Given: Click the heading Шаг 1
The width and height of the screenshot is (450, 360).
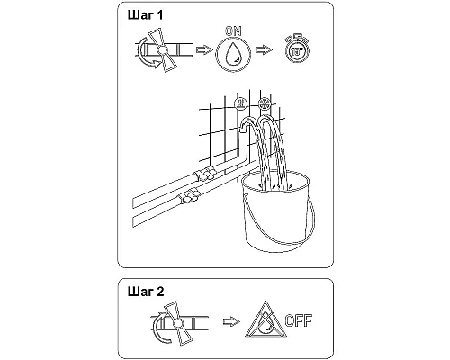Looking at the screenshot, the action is click(x=146, y=15).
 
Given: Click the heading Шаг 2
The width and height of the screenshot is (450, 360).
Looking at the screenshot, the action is click(x=146, y=292).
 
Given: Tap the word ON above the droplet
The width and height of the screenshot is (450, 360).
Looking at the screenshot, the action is click(x=233, y=31).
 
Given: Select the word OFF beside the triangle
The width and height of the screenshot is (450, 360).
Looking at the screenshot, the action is click(x=299, y=320).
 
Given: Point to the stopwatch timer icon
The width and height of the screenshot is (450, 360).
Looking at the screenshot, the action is click(x=297, y=49).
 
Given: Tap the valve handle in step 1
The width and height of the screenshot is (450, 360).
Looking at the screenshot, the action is click(x=163, y=50).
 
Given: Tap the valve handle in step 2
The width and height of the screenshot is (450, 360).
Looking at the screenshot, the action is click(x=177, y=323).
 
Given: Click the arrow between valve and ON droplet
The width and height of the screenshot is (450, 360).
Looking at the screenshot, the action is click(x=204, y=49).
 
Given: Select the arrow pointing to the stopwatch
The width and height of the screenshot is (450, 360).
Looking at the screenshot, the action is click(x=264, y=49).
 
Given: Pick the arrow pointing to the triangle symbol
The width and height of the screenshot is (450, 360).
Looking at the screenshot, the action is click(x=231, y=321).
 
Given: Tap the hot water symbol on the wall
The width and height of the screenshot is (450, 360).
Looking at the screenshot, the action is click(x=239, y=103).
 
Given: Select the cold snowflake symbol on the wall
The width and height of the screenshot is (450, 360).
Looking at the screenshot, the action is click(x=265, y=104).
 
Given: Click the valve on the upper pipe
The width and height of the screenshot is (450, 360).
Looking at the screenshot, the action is click(x=205, y=174).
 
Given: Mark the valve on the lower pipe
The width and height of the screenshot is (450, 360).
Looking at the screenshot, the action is click(x=188, y=195).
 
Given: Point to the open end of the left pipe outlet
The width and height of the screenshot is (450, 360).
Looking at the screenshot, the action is click(x=242, y=130).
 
